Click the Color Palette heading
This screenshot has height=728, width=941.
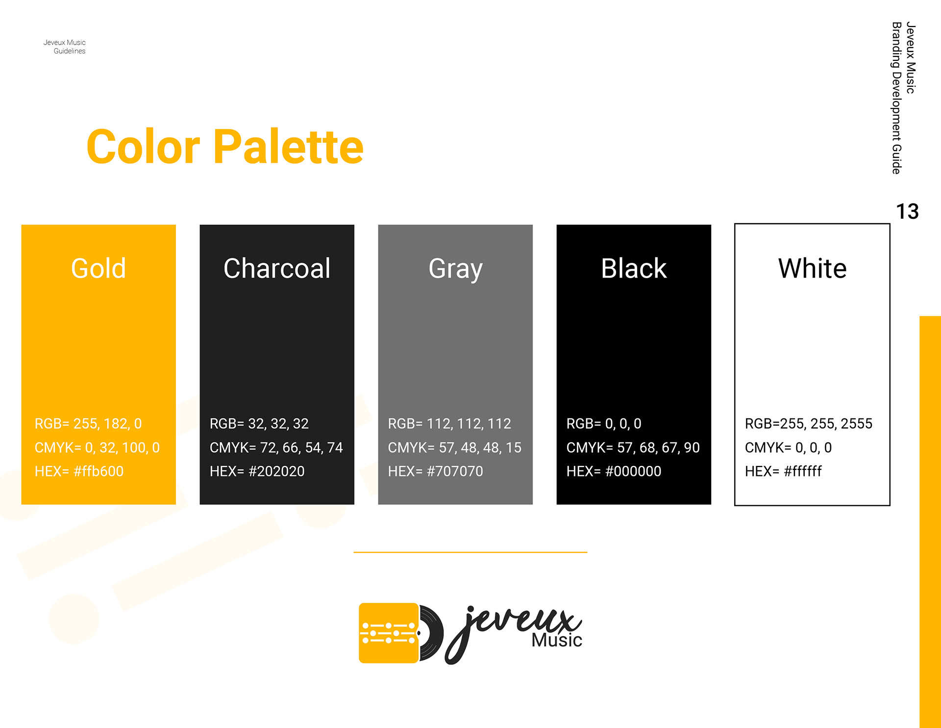pos(225,146)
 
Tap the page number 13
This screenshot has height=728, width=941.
pos(907,211)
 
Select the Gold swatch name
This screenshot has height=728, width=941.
pos(99,268)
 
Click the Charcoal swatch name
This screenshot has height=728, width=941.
pos(277,268)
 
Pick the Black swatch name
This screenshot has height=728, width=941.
pos(634,268)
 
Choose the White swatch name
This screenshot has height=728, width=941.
pos(812,268)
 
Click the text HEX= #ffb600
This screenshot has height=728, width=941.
pos(79,471)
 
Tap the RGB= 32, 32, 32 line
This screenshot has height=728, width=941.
pos(259,424)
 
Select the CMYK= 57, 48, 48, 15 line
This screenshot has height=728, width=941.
pos(455,448)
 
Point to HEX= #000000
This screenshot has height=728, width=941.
pos(614,471)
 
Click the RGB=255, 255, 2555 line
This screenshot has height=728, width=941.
pos(809,424)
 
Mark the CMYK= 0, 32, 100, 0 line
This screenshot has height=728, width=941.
pos(97,448)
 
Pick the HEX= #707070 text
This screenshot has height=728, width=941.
pos(435,471)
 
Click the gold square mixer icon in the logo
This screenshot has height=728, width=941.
pos(389,633)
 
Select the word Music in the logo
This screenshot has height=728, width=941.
pos(557,640)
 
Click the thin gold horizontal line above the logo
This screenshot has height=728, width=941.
pos(470,552)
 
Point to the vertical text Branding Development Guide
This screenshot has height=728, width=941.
pos(897,98)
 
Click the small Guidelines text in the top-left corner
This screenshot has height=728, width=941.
pos(70,51)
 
